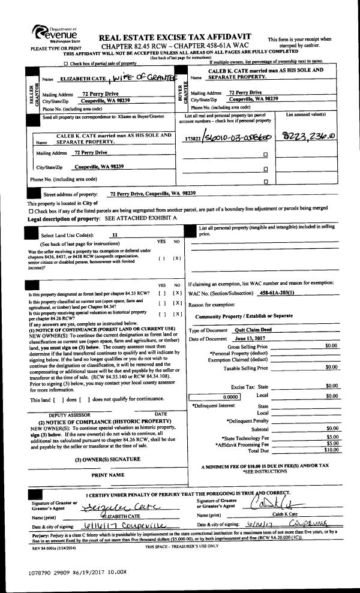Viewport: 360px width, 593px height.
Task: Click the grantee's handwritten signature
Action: tap(274, 502)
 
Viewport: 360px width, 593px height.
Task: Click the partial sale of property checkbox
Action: tap(66, 63)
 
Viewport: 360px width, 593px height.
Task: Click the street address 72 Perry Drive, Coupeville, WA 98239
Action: tap(153, 194)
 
